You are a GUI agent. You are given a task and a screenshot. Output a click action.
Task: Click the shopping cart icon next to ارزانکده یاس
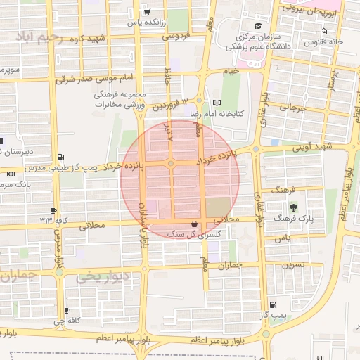tap(146, 11)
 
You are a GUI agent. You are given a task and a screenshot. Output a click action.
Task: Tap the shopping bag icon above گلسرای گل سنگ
tap(195, 224)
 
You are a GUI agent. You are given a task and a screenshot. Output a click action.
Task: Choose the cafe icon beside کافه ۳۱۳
tap(53, 210)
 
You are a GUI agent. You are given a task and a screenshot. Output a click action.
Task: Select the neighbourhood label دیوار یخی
tap(103, 277)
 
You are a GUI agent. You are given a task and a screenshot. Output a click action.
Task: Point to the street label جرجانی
tap(294, 108)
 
